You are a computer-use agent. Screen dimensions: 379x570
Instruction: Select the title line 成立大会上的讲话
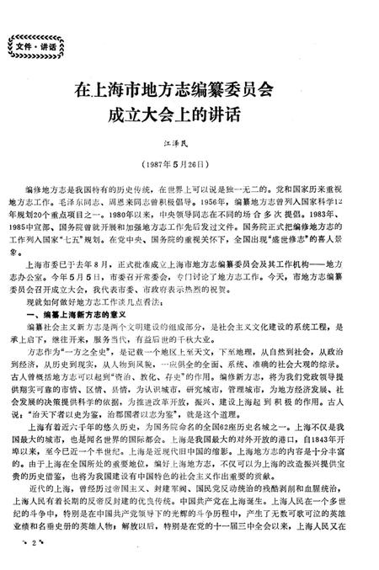click(189, 114)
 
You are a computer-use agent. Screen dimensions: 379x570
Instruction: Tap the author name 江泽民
click(189, 146)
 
